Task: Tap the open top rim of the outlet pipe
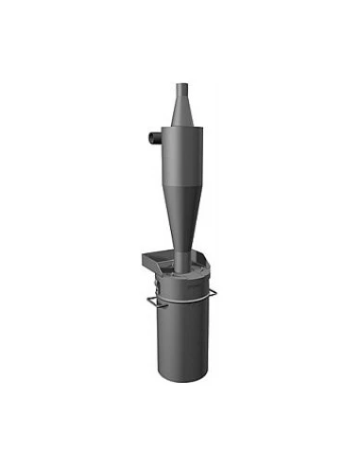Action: [180, 84]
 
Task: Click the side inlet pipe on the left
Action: [152, 138]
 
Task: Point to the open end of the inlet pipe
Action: [146, 138]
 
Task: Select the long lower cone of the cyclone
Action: [180, 217]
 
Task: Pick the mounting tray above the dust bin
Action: [161, 257]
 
